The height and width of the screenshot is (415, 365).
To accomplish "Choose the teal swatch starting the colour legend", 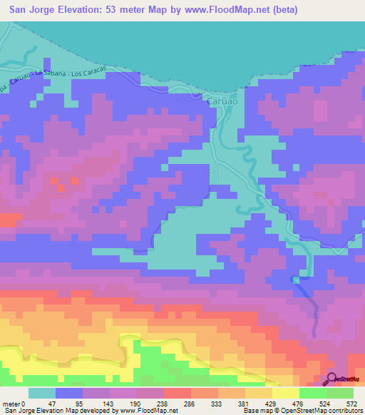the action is point(41,394).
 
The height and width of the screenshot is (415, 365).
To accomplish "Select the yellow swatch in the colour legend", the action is point(285,394).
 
